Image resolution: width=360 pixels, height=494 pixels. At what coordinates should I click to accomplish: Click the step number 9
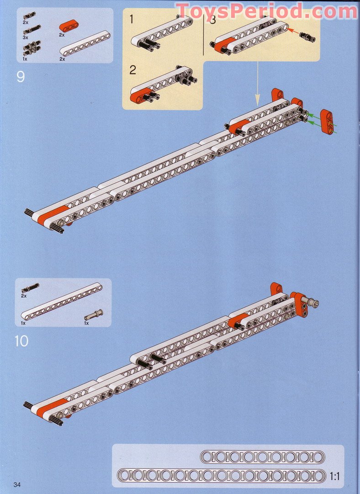(21, 76)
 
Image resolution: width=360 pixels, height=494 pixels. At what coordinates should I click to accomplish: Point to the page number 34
(18, 484)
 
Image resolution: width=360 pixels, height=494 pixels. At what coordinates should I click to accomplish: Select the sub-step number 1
(132, 19)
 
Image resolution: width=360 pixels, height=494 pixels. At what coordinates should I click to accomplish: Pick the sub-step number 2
(132, 70)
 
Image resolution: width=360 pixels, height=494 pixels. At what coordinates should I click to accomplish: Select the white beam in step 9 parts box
(85, 43)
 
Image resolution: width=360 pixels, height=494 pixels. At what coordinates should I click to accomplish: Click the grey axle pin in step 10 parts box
(94, 315)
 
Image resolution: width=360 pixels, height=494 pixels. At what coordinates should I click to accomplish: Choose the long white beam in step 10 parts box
(62, 302)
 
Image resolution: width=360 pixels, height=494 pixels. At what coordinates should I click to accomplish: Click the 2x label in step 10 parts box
(24, 296)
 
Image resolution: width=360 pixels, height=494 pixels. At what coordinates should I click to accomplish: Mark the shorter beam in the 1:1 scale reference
(262, 457)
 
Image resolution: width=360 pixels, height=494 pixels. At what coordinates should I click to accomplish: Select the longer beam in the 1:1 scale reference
(221, 475)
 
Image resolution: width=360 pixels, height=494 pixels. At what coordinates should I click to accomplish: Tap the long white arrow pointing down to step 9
(257, 82)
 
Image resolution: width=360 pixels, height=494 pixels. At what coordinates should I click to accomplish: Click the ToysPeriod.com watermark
(267, 11)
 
